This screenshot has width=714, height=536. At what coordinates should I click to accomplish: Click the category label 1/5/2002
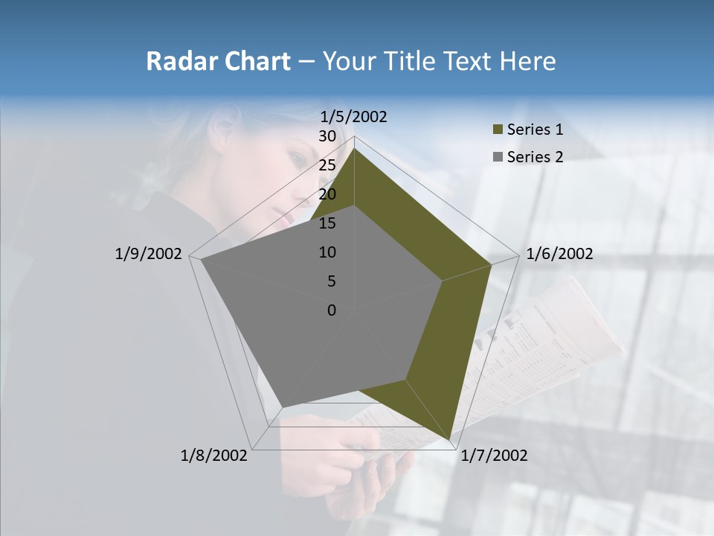pos(354,116)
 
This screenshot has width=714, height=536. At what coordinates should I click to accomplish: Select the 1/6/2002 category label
pos(559,254)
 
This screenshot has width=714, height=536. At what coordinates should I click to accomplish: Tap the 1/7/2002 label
pos(494,456)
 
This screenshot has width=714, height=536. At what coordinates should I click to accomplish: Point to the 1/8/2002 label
pos(214,456)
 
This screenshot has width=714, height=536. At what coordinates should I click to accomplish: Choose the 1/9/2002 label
pos(149,254)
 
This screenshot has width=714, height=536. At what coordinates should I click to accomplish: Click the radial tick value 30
pos(327,136)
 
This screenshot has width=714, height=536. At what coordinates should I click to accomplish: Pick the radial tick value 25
pos(327,165)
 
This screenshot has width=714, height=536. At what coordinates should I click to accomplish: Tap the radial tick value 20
pos(327,194)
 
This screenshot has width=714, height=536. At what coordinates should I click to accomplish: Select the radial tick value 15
pos(327,223)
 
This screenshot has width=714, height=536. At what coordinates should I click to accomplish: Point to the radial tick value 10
pos(327,252)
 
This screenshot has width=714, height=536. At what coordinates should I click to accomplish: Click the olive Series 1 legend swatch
pos(498,130)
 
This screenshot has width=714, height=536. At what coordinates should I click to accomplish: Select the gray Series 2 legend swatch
pos(498,157)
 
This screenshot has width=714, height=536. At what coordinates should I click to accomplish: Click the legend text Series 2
pos(535,157)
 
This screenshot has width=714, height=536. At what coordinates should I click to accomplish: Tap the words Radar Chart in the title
pos(218,61)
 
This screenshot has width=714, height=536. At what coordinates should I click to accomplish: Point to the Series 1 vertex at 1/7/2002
pos(451,440)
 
